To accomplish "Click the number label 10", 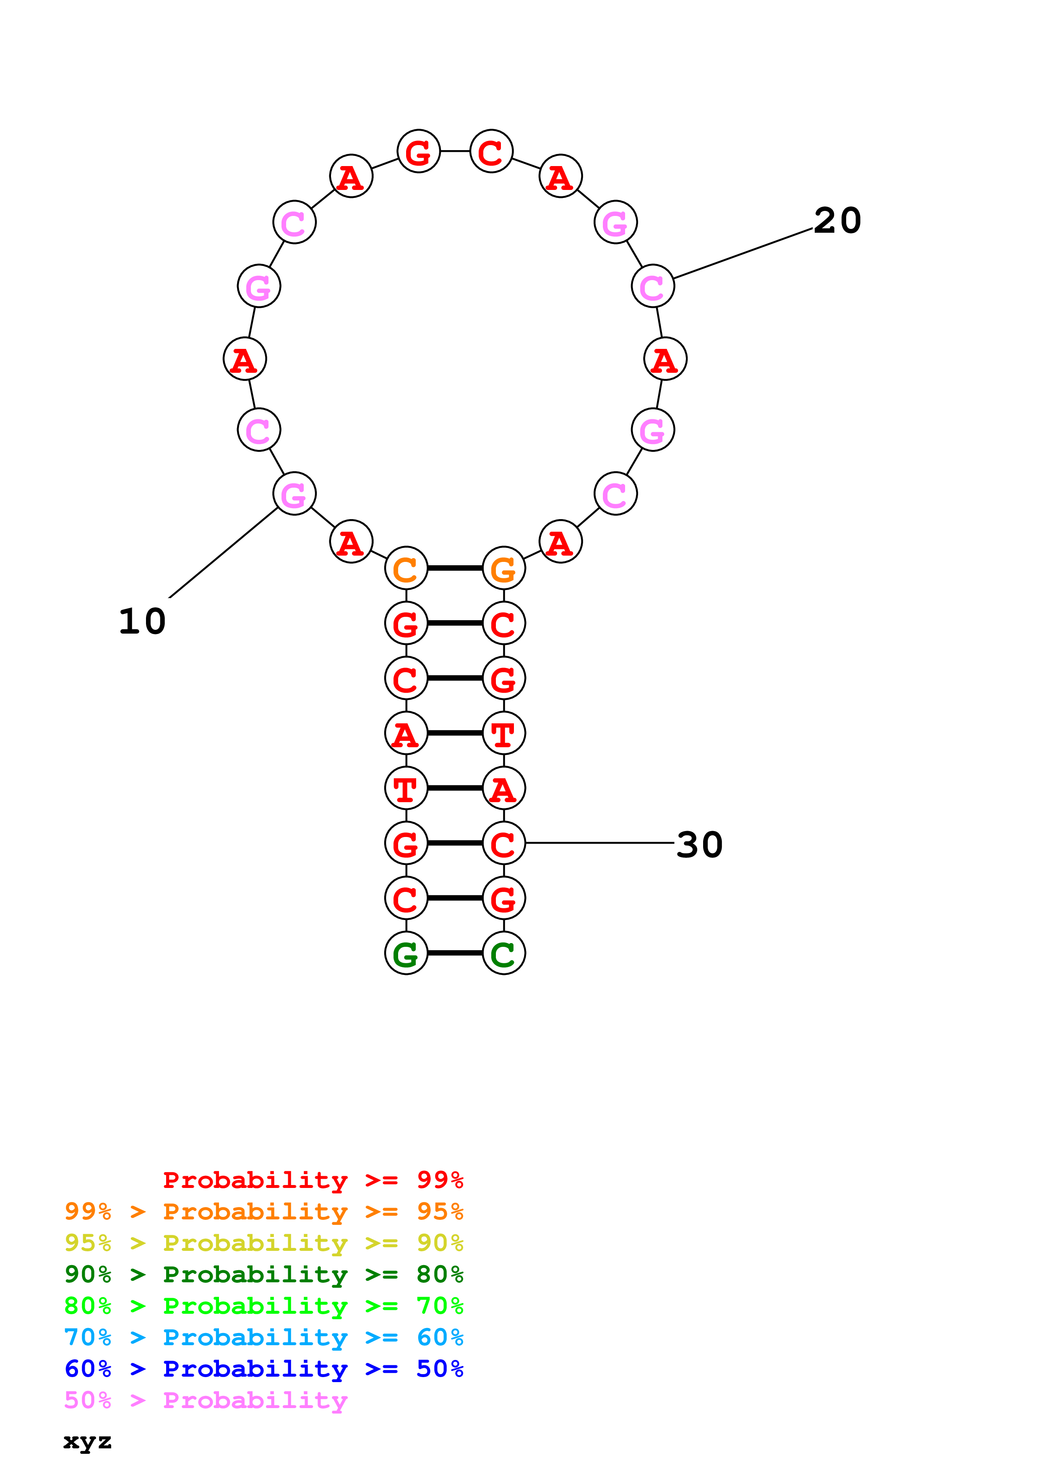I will coord(142,621).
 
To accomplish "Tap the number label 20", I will coord(837,221).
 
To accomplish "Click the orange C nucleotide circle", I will coord(406,568).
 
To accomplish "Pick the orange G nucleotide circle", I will coord(504,568).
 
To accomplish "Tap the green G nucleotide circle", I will coord(406,953).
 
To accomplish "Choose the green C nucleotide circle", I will coord(504,953).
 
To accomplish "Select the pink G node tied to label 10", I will coord(294,494).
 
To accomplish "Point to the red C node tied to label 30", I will coord(504,843).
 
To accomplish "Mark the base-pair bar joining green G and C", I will coord(455,953).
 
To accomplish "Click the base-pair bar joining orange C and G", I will coord(455,568).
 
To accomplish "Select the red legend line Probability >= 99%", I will coord(313,1180).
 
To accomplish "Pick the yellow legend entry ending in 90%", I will coord(263,1243).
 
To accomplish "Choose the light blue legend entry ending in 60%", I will coord(263,1337).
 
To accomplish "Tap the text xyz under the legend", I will coord(87,1442).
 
